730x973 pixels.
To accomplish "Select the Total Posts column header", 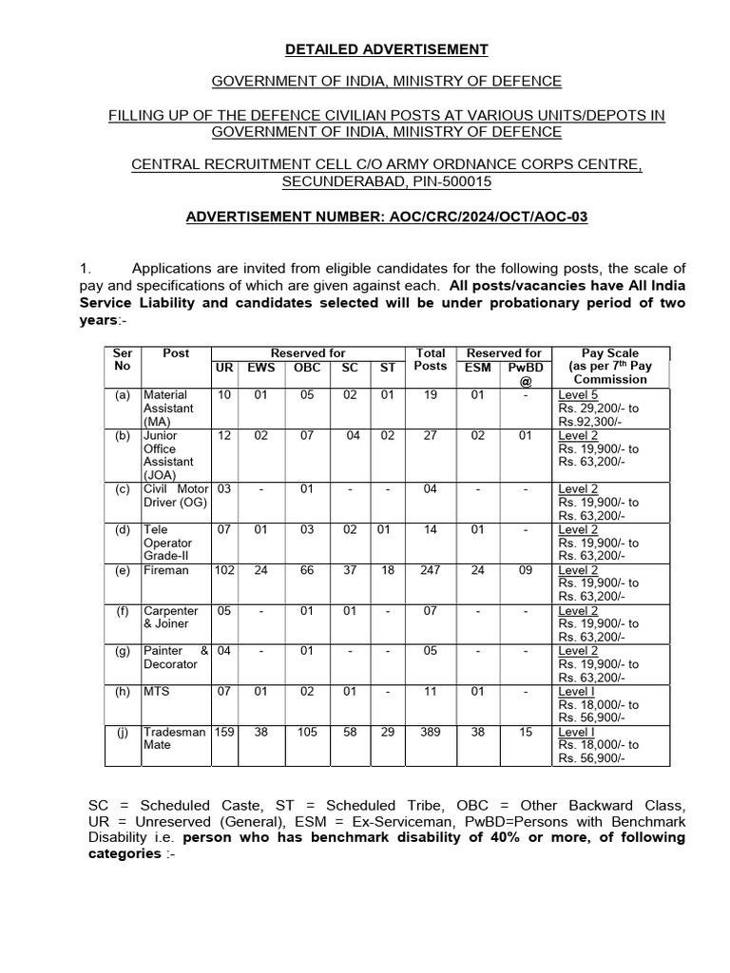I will click(x=431, y=359).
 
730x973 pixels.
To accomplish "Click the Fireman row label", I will click(x=165, y=571).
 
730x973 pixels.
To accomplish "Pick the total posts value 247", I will click(x=431, y=571).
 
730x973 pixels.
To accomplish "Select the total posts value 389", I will click(x=431, y=733).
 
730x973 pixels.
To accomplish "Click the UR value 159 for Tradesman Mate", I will click(x=224, y=733).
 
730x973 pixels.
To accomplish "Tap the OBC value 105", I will click(x=306, y=733).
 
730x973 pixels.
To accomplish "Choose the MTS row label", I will click(x=155, y=693).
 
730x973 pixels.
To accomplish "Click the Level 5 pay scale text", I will click(x=578, y=394).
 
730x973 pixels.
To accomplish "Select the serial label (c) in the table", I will click(x=122, y=489).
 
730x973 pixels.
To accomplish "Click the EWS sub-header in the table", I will click(x=260, y=367).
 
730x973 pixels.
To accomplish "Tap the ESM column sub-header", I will click(x=477, y=367).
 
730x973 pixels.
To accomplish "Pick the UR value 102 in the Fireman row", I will click(x=224, y=571).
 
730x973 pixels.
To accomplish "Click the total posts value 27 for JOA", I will click(x=431, y=435).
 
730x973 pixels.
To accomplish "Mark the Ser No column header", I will click(x=122, y=359).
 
